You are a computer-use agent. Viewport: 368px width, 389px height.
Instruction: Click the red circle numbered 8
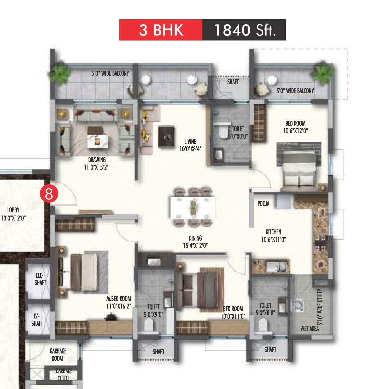tap(49, 193)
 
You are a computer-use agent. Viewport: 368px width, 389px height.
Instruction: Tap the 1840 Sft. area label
tap(245, 30)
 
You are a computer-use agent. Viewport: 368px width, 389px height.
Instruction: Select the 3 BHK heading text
tap(161, 30)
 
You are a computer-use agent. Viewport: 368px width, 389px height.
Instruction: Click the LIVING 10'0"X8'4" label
tap(190, 145)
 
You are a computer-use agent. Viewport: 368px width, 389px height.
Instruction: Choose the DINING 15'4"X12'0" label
tap(195, 242)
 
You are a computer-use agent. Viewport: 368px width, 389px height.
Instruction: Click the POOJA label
tap(263, 204)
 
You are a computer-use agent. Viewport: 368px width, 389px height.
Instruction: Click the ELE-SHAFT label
tap(40, 279)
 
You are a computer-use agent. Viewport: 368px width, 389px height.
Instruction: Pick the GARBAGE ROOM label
tap(58, 355)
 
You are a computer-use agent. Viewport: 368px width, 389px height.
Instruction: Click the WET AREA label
tap(309, 328)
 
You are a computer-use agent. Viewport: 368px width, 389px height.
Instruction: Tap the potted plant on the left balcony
tap(59, 72)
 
